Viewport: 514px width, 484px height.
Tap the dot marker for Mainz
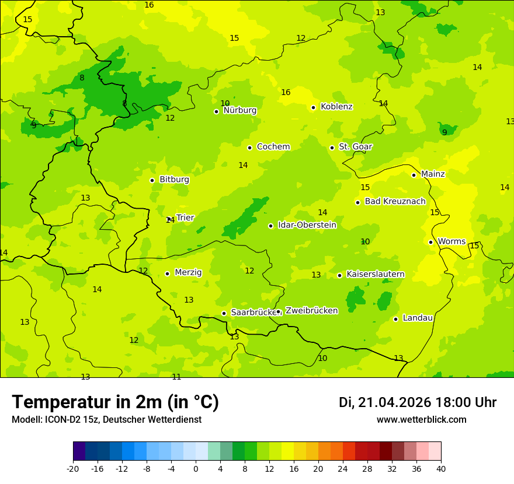point(414,175)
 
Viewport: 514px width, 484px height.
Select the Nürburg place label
point(239,110)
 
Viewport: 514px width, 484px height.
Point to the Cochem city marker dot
point(249,148)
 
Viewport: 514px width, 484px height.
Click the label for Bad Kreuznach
point(395,201)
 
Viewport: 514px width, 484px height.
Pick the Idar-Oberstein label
point(307,225)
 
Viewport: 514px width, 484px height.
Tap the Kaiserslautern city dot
point(339,275)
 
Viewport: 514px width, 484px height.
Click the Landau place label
point(418,318)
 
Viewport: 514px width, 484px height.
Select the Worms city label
point(452,241)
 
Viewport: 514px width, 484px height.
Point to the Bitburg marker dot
point(152,180)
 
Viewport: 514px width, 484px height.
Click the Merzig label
point(188,272)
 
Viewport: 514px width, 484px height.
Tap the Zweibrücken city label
point(311,311)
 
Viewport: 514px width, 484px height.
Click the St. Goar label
point(355,146)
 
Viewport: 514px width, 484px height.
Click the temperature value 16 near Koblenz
point(286,92)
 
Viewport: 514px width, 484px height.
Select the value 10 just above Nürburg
point(225,103)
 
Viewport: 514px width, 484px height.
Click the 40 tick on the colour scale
point(441,468)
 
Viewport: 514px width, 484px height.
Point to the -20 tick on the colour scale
point(73,468)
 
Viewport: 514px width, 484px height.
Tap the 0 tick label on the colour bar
point(196,468)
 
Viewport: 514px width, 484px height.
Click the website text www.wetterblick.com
point(421,420)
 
